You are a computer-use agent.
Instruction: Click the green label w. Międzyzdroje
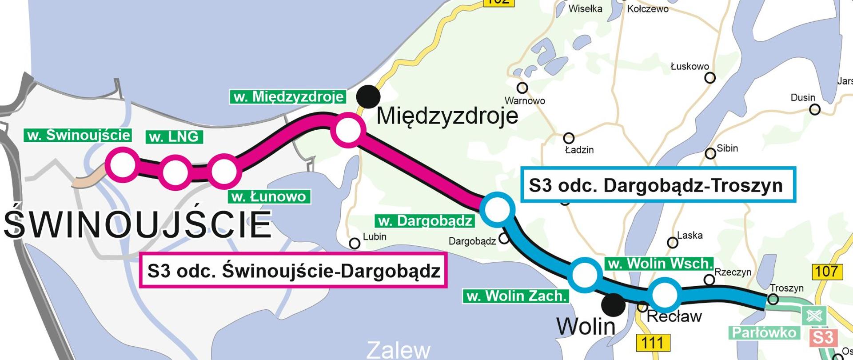pyautogui.click(x=288, y=97)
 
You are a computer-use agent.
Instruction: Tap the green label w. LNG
pyautogui.click(x=174, y=137)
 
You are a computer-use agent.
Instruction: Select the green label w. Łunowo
pyautogui.click(x=269, y=196)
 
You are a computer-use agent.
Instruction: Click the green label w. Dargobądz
pyautogui.click(x=425, y=221)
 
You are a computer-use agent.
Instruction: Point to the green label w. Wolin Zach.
pyautogui.click(x=516, y=296)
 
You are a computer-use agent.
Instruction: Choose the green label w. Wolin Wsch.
pyautogui.click(x=659, y=264)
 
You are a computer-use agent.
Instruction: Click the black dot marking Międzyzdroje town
pyautogui.click(x=368, y=96)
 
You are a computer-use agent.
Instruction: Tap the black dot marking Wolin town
pyautogui.click(x=613, y=305)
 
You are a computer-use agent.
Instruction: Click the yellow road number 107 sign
pyautogui.click(x=826, y=271)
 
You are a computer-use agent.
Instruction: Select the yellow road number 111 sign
pyautogui.click(x=652, y=343)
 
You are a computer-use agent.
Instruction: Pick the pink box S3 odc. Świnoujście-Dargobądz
pyautogui.click(x=293, y=271)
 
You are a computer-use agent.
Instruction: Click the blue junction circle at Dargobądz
pyautogui.click(x=497, y=209)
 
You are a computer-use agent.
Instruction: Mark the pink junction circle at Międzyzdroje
pyautogui.click(x=348, y=130)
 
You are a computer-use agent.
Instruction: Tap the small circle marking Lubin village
pyautogui.click(x=355, y=244)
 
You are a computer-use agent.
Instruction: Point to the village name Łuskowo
pyautogui.click(x=690, y=67)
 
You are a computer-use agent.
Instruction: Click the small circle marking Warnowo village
pyautogui.click(x=522, y=88)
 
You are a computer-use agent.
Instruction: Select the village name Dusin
pyautogui.click(x=803, y=98)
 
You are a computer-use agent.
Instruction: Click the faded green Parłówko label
pyautogui.click(x=764, y=333)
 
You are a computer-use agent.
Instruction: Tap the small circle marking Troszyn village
pyautogui.click(x=773, y=299)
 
